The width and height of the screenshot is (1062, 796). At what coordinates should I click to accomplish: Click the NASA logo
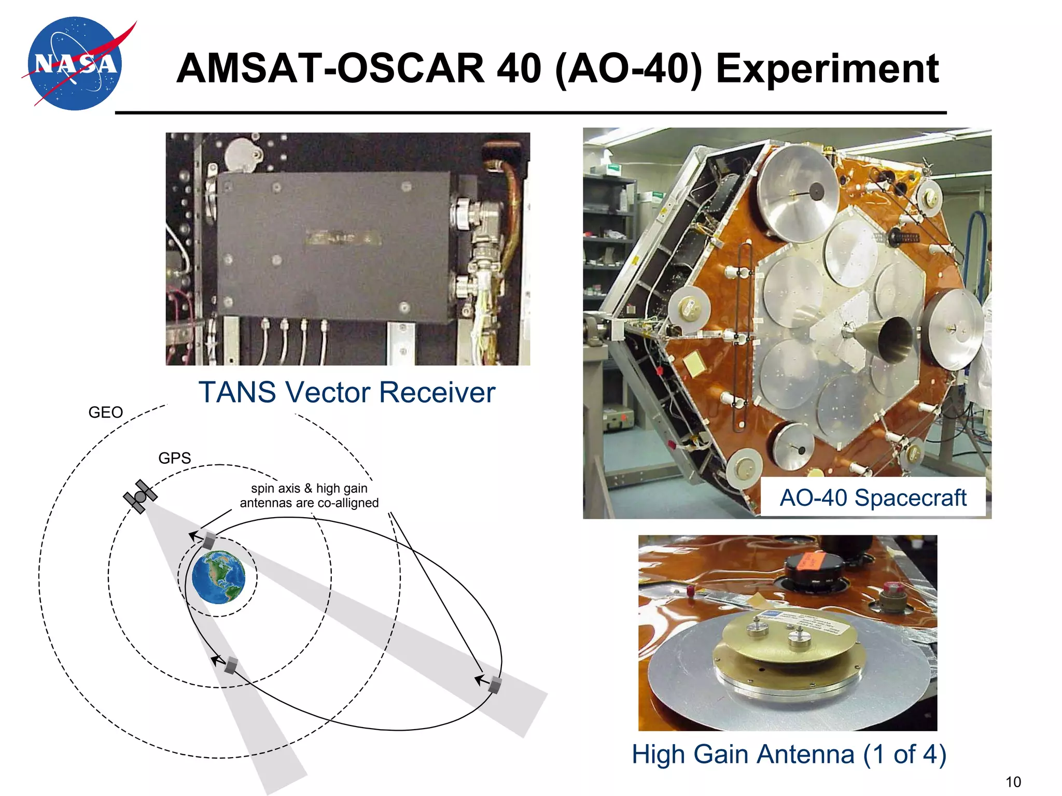click(76, 64)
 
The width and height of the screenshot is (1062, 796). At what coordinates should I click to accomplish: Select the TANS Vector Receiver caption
click(347, 392)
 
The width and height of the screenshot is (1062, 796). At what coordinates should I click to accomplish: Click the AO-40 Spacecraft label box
click(873, 497)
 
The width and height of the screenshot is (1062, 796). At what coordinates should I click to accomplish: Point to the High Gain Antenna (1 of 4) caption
click(788, 754)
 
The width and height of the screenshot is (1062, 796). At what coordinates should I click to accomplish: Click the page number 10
click(1013, 781)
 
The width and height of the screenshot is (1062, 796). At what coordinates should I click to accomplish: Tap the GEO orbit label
click(105, 413)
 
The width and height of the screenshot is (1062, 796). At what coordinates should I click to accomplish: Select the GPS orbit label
click(174, 458)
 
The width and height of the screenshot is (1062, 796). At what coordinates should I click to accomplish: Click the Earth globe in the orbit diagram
click(218, 577)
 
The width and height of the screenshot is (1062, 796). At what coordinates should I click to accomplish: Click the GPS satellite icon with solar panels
click(140, 496)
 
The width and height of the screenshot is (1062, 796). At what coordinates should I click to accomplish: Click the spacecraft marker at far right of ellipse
click(495, 685)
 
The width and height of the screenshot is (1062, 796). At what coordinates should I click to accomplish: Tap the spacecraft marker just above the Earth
click(208, 541)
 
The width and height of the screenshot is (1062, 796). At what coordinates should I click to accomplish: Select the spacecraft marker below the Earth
click(231, 665)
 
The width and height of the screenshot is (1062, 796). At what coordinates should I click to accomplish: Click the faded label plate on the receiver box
click(343, 238)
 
